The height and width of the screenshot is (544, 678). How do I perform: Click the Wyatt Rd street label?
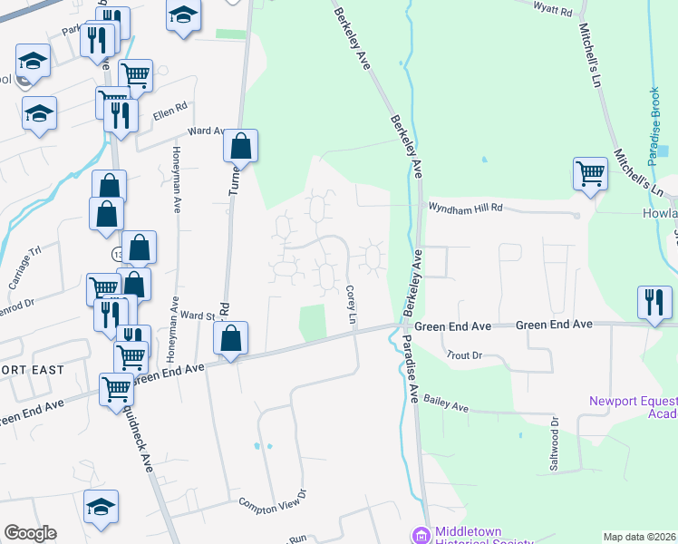click(x=553, y=11)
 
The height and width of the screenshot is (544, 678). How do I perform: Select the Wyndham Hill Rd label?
click(x=465, y=208)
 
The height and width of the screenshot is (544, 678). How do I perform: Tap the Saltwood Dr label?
click(x=556, y=441)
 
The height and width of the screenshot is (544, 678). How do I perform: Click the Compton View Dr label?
click(x=273, y=498)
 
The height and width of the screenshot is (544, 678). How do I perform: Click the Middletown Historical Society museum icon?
click(x=419, y=535)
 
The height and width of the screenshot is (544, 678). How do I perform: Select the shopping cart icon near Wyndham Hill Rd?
click(x=590, y=171)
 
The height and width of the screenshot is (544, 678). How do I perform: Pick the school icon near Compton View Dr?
click(x=101, y=506)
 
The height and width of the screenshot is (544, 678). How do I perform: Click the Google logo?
click(x=30, y=533)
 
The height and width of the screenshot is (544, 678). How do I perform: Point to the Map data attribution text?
click(x=639, y=537)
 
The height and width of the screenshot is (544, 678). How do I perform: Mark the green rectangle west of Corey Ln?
click(x=312, y=323)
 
